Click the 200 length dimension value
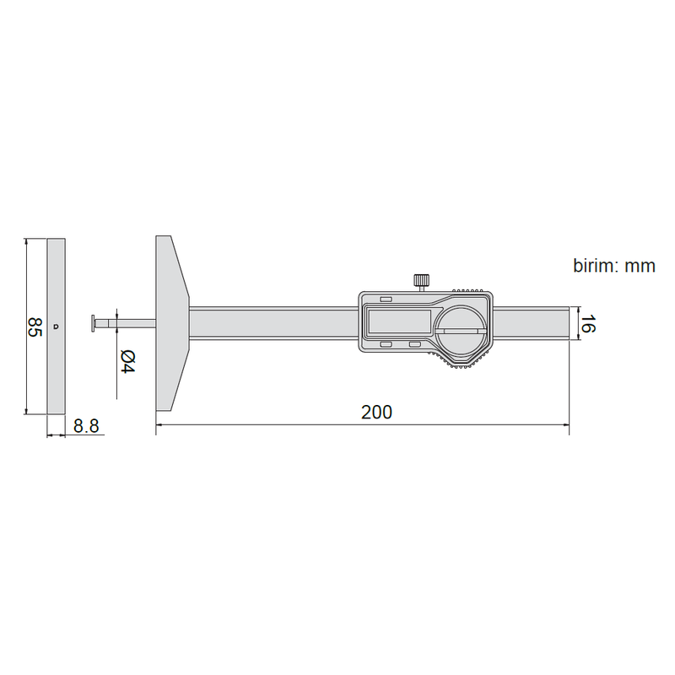[376, 412]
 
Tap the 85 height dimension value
[35, 327]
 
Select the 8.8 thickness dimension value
[86, 426]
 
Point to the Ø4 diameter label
[127, 362]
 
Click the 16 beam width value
[588, 324]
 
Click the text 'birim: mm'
[614, 266]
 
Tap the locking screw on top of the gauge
[421, 282]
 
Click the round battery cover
[461, 331]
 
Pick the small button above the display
[386, 300]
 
